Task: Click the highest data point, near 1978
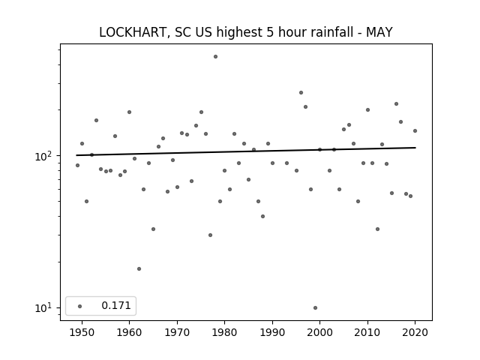[215, 57]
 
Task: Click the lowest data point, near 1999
[315, 308]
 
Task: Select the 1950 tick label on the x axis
[82, 332]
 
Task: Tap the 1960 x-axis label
[129, 332]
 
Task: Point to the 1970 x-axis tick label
[177, 332]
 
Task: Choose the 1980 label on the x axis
[224, 332]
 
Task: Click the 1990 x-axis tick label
[272, 332]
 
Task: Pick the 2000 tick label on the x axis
[320, 332]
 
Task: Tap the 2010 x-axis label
[367, 332]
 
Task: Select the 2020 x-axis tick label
[415, 332]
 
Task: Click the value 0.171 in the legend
[116, 305]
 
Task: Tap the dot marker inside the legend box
[79, 306]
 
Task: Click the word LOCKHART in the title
[133, 32]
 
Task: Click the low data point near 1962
[139, 268]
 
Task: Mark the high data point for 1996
[301, 92]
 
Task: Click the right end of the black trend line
[415, 148]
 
